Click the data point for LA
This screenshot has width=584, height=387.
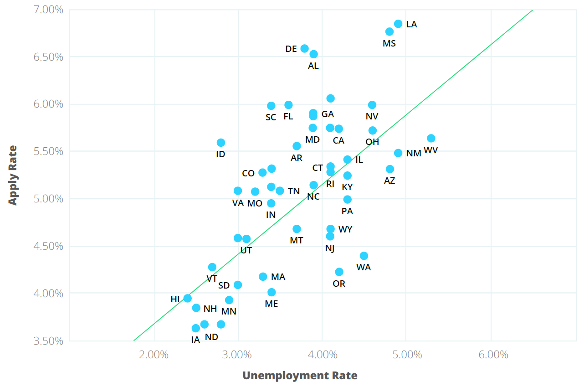[x=398, y=24]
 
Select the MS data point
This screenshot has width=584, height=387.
[x=389, y=31]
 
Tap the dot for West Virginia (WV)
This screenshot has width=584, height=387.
[x=431, y=138]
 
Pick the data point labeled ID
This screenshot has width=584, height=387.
[x=221, y=143]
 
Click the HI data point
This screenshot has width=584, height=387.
[x=187, y=298]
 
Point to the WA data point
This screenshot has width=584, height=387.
[x=364, y=256]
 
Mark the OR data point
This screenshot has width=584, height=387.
[x=339, y=272]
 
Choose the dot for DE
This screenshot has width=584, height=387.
[x=305, y=48]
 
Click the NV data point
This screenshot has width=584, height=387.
[x=372, y=105]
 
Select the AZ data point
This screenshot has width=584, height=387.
[x=390, y=169]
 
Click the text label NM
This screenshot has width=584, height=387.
[x=414, y=153]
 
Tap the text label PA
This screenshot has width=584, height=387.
[x=347, y=211]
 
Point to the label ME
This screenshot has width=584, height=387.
[x=272, y=304]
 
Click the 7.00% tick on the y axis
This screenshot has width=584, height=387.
[x=48, y=10]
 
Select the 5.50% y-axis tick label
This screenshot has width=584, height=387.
[x=48, y=151]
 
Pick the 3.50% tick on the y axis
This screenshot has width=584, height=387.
[x=48, y=341]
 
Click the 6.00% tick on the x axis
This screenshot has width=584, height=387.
[x=491, y=355]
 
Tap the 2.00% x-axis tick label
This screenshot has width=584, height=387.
[x=155, y=355]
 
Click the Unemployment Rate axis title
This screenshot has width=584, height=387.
[x=300, y=376]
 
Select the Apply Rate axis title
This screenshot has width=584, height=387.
[x=13, y=175]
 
